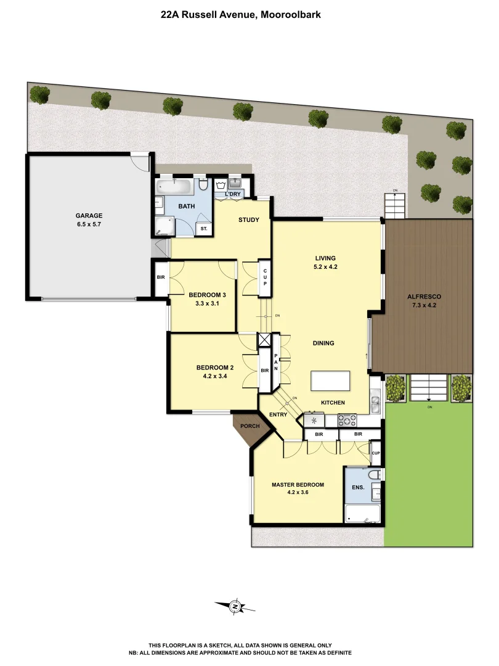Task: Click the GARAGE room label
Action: coord(89,216)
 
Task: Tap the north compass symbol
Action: coord(235,607)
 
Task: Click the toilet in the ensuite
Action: coord(374,475)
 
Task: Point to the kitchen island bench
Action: coord(330,380)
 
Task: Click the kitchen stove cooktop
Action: coord(347,421)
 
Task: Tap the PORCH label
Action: coord(249,426)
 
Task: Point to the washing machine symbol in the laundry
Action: coord(221,184)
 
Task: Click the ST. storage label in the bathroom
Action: coord(204,229)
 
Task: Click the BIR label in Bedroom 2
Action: coord(264,371)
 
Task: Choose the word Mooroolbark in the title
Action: coord(291,14)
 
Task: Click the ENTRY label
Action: coord(278,414)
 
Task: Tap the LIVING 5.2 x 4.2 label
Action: coord(326,263)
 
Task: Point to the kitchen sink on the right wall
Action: coord(375,401)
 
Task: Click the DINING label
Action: coord(323,343)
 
